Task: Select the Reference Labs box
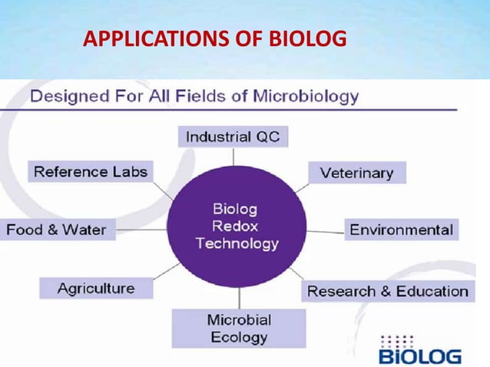(x=90, y=171)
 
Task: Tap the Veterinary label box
(x=356, y=173)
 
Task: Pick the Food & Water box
(x=57, y=230)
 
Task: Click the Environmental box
(x=401, y=230)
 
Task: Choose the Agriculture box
(x=96, y=289)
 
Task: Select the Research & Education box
(x=388, y=291)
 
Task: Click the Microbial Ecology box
(x=238, y=328)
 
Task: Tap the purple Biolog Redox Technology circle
(x=237, y=226)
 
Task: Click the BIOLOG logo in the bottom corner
(x=419, y=356)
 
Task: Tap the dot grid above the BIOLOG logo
(x=397, y=339)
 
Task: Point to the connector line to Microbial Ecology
(x=238, y=298)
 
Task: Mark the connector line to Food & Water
(x=141, y=229)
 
